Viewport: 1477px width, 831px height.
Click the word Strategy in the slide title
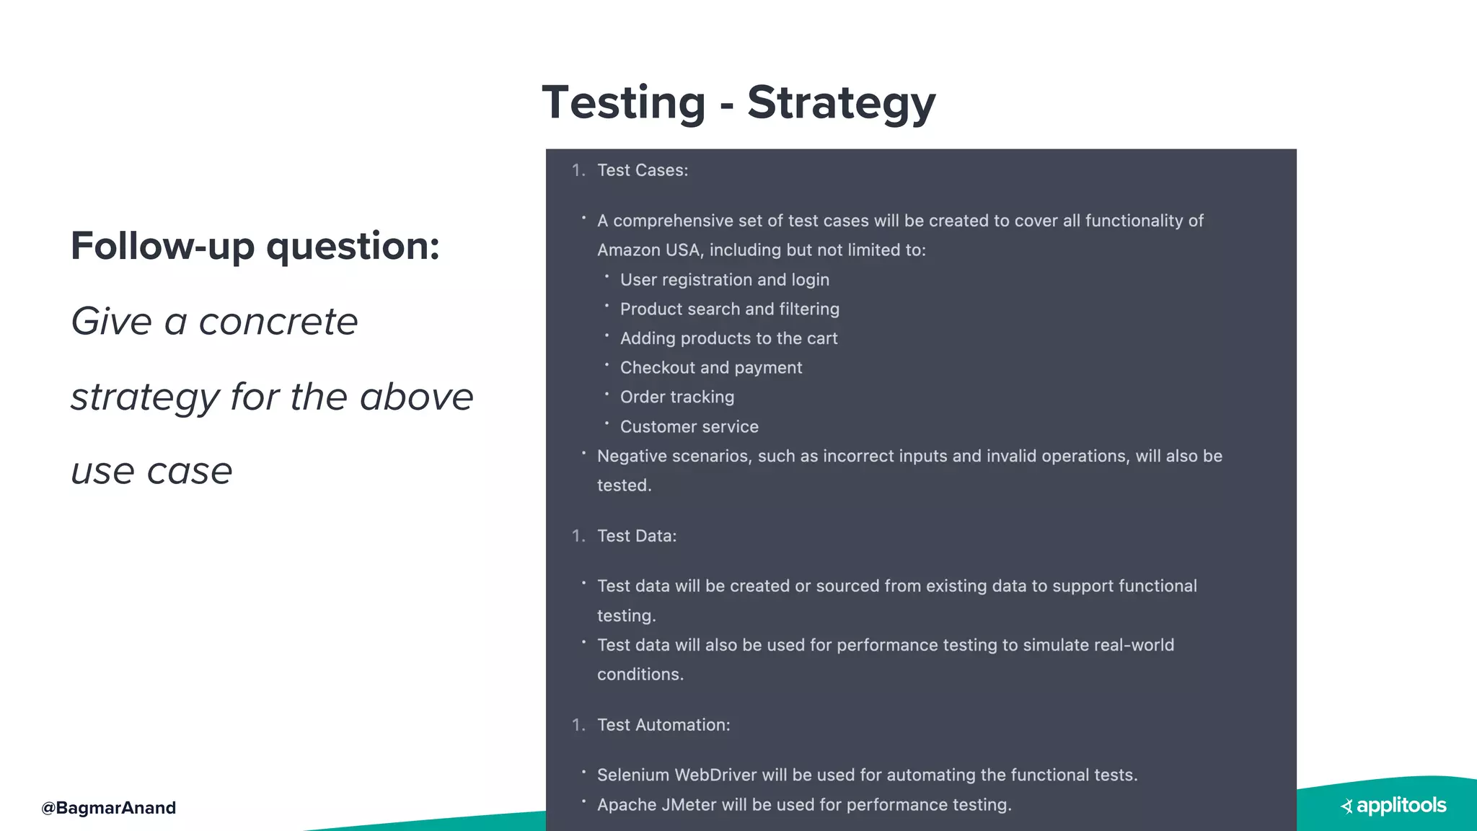(841, 103)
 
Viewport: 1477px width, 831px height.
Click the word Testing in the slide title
(624, 103)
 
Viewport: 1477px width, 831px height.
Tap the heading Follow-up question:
(255, 246)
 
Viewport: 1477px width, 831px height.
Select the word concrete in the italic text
(278, 322)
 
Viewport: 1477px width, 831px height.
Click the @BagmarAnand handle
(109, 808)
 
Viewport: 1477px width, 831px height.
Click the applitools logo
(1394, 806)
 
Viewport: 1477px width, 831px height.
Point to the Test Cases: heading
(643, 170)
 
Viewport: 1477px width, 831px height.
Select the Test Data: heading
(637, 536)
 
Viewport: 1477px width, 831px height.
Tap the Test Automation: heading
(663, 725)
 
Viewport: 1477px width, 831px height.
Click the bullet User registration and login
(724, 280)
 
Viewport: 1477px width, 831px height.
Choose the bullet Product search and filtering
(729, 309)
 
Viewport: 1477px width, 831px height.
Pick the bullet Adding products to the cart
(728, 338)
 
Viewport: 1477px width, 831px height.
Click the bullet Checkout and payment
(710, 368)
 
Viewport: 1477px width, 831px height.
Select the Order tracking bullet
(676, 397)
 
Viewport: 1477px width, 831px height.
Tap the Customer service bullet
(689, 427)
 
